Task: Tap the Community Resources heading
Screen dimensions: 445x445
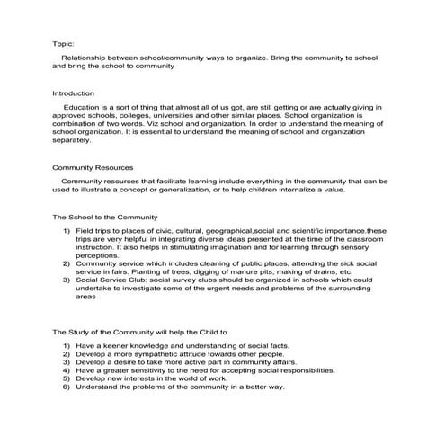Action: pyautogui.click(x=93, y=167)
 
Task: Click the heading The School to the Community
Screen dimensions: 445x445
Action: pyautogui.click(x=106, y=218)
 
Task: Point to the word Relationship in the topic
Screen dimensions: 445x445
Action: pyautogui.click(x=86, y=57)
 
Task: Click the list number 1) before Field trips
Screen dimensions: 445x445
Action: pyautogui.click(x=67, y=232)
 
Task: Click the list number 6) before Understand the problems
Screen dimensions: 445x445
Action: pyautogui.click(x=67, y=387)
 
